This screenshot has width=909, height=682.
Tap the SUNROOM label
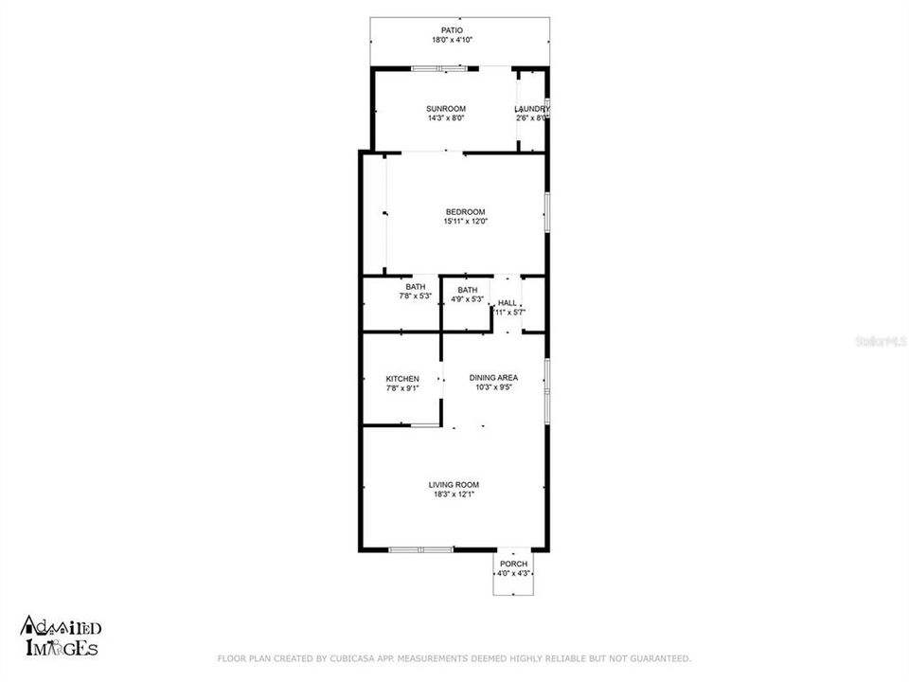pos(445,109)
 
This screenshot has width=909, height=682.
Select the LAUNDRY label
pos(531,109)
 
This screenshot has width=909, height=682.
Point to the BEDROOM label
pos(465,211)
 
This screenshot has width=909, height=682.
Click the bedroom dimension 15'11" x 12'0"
pos(465,222)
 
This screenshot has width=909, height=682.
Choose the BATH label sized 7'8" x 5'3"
pos(415,287)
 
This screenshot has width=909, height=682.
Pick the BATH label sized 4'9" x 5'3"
pos(467,290)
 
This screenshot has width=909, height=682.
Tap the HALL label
pos(508,302)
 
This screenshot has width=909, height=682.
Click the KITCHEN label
pos(401,378)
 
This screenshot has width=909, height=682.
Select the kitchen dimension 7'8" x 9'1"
pos(401,387)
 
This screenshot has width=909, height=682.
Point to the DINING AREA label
pos(493,377)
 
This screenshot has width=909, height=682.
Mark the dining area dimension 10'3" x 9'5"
pos(493,386)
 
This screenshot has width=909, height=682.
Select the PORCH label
pos(513,564)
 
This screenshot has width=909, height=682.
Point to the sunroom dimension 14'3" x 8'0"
pos(445,118)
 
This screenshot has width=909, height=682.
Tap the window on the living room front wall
pos(421,549)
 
